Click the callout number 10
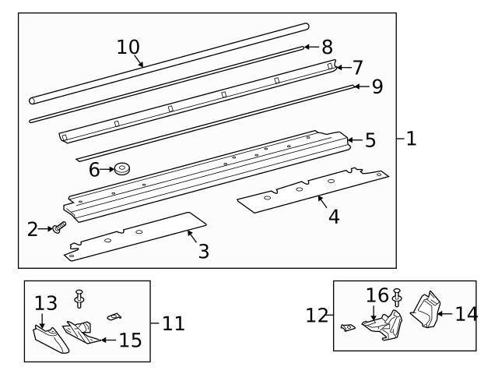tap(128, 46)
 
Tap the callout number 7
tap(357, 67)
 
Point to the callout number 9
tap(377, 86)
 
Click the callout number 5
tap(370, 140)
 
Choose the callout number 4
tap(333, 217)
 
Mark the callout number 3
tap(203, 252)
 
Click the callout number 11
tap(174, 322)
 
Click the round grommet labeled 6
tap(122, 168)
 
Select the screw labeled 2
tap(59, 228)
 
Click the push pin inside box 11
tap(79, 297)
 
